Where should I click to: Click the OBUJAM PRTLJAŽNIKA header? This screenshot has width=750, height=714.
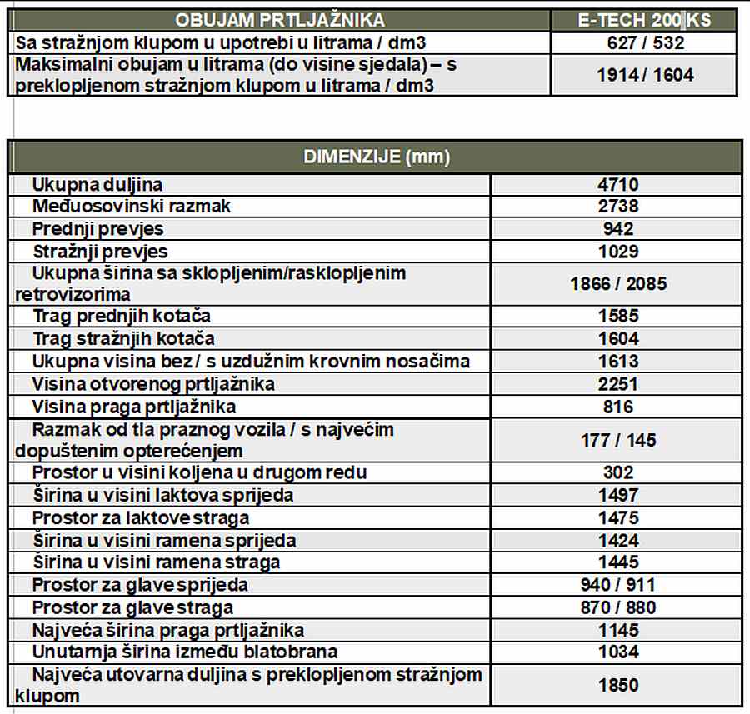click(278, 20)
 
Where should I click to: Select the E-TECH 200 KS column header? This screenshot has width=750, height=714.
click(644, 20)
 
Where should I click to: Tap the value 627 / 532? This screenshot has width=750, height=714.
click(644, 43)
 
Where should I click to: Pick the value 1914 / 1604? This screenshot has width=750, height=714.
click(644, 75)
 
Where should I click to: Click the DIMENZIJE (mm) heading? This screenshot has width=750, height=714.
click(376, 157)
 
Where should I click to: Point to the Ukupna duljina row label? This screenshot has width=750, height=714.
click(97, 184)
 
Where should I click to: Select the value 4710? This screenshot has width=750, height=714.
click(617, 185)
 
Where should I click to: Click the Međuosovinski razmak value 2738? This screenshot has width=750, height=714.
click(617, 207)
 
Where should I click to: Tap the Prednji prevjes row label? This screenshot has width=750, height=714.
click(98, 229)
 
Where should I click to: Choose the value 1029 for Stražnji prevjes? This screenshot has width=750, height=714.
click(617, 252)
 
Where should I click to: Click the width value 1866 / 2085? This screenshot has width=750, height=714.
click(617, 283)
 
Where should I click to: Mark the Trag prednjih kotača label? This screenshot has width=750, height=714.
click(122, 316)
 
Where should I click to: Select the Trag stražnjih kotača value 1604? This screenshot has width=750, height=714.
click(617, 338)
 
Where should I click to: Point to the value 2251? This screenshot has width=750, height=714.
click(617, 384)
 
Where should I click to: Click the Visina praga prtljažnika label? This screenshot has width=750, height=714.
click(134, 407)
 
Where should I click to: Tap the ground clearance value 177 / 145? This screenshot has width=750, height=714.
click(617, 440)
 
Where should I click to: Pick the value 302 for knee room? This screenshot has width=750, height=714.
click(617, 472)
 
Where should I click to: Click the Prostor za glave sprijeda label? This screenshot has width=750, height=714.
click(140, 585)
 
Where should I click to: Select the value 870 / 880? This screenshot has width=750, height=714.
click(617, 607)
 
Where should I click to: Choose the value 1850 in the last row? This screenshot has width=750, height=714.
click(617, 685)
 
